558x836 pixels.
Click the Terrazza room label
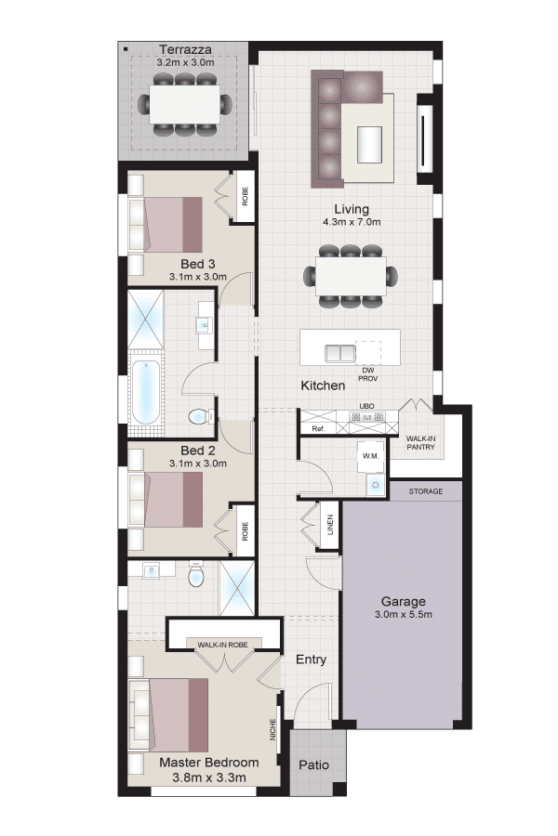click(x=185, y=49)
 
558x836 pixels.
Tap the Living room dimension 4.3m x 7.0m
click(x=352, y=222)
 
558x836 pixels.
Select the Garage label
click(x=403, y=601)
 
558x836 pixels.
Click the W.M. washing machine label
click(x=370, y=456)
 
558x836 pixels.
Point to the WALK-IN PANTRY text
click(x=420, y=442)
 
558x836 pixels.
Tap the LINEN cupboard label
click(x=330, y=525)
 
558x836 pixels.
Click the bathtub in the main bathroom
click(x=145, y=391)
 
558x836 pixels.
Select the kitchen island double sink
click(x=340, y=354)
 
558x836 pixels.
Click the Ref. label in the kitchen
click(x=318, y=428)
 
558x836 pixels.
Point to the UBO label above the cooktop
click(x=366, y=406)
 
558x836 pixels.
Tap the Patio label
click(x=314, y=765)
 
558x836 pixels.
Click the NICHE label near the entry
click(x=272, y=729)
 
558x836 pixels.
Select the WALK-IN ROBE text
click(x=222, y=645)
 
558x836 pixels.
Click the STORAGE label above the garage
click(x=426, y=491)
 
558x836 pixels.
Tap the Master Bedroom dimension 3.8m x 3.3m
click(x=209, y=777)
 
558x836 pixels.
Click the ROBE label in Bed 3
click(x=246, y=196)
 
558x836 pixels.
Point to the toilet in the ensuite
click(x=196, y=575)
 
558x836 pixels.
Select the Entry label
click(x=311, y=660)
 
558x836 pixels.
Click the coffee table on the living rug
click(x=369, y=145)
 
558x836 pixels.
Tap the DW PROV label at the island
click(x=368, y=374)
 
